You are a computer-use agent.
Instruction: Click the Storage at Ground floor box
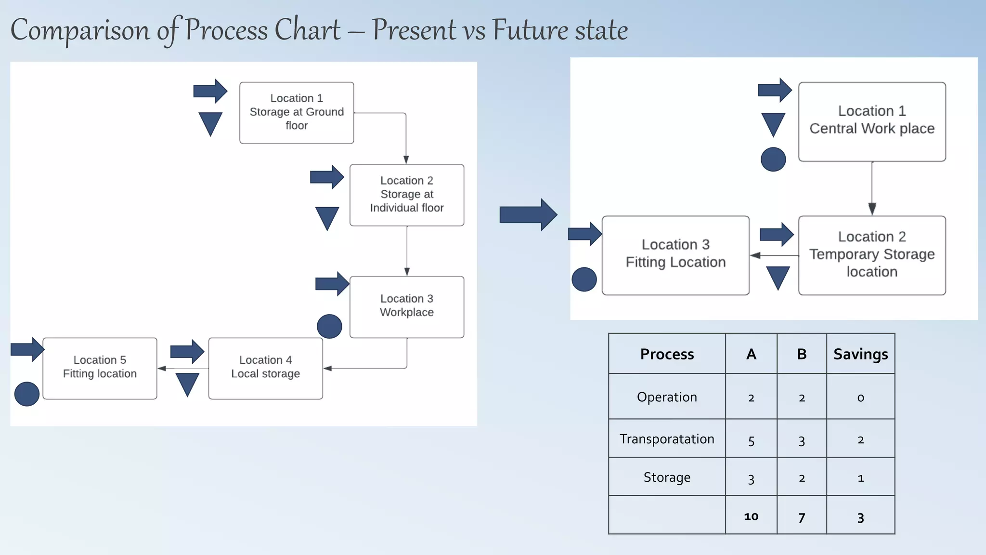point(297,113)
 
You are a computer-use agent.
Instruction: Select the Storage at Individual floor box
point(407,195)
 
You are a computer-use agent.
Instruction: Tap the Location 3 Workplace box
point(407,306)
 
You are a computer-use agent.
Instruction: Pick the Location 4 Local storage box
point(265,368)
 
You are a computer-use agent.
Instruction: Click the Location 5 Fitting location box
point(100,368)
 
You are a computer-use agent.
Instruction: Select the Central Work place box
point(871,121)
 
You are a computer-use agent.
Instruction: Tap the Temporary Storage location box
point(871,255)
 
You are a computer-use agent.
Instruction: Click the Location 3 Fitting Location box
point(675,255)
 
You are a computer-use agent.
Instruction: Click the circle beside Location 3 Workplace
point(329,326)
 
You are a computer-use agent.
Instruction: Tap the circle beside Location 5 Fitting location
point(27,394)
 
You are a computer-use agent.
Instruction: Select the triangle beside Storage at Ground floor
point(210,123)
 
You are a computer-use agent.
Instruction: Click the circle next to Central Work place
point(773,159)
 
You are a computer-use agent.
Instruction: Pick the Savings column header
point(860,354)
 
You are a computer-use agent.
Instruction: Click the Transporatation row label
point(667,439)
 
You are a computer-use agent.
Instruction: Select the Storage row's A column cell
point(751,478)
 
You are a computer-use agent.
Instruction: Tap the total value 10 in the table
point(751,516)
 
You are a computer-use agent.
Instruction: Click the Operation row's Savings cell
point(860,397)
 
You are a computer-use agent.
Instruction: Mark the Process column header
point(667,354)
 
